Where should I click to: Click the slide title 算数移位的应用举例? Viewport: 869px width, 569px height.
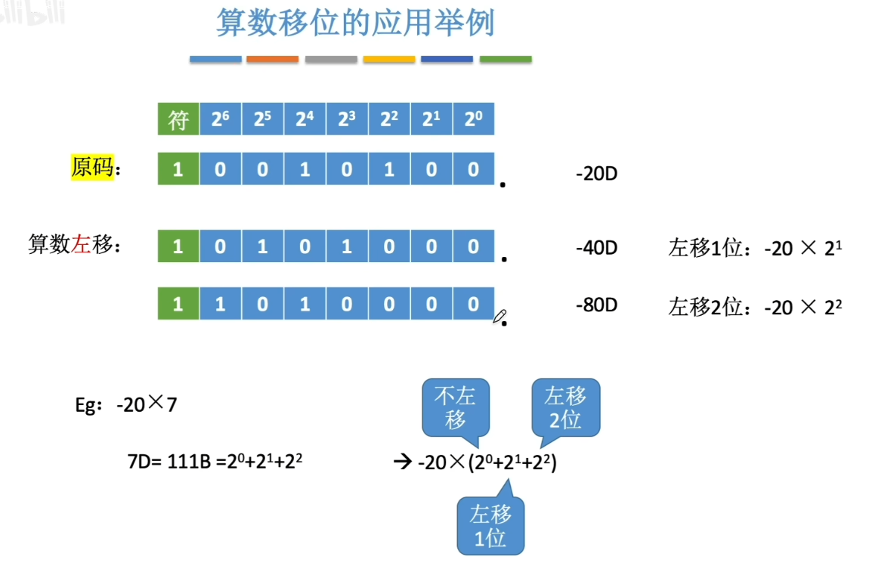355,23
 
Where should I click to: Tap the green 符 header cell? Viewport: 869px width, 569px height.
178,119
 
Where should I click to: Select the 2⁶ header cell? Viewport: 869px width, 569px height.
220,119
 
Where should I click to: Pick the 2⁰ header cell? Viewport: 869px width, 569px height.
473,119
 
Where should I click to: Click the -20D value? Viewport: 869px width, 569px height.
596,174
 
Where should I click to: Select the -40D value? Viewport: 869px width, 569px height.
596,248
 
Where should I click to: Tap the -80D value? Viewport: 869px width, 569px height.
596,305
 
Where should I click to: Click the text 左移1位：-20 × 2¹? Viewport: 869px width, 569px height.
755,248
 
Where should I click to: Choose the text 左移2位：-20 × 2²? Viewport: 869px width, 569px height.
755,307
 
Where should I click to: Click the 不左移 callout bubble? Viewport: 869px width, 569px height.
456,408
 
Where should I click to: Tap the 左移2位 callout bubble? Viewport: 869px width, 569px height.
565,407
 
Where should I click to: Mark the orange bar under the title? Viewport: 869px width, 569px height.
272,59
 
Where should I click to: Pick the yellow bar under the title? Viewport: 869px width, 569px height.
389,59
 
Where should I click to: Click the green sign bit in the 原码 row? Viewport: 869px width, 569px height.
178,169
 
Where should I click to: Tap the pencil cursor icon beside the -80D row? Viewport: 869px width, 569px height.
499,317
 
